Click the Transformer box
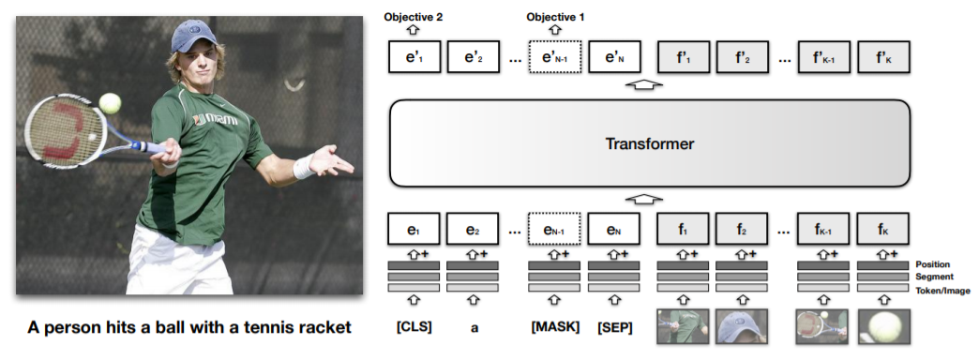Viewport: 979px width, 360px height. (649, 143)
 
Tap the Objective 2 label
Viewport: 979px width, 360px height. (414, 17)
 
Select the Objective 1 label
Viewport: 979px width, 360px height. (554, 17)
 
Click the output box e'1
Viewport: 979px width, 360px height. (414, 56)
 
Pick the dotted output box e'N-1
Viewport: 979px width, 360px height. (554, 56)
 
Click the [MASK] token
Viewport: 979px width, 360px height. (554, 326)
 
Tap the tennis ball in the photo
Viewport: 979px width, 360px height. (110, 102)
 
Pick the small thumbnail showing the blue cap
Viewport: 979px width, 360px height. (743, 327)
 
